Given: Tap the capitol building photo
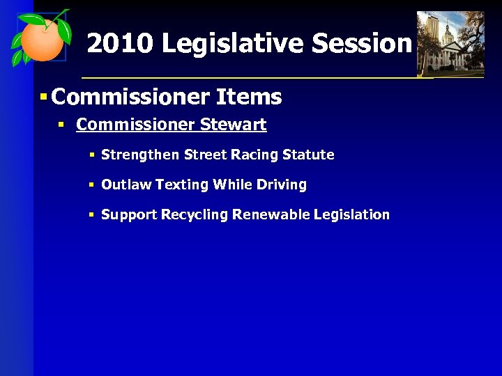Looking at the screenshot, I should click(450, 43).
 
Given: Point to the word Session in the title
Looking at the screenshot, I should click(362, 44).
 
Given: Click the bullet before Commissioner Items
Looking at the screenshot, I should click(43, 97).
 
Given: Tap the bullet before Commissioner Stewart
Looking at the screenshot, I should click(61, 125).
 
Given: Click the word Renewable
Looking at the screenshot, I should click(271, 214).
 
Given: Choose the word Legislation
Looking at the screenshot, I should click(351, 214).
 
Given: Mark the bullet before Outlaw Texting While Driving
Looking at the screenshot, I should click(91, 185).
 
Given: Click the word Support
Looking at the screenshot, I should click(130, 214).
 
